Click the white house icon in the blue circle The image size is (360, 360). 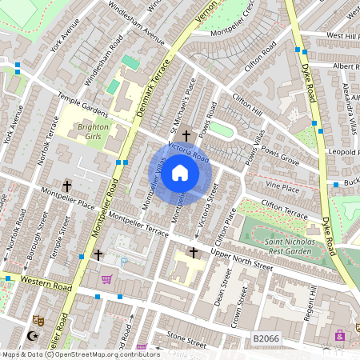click(x=180, y=173)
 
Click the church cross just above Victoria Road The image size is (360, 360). click(x=187, y=136)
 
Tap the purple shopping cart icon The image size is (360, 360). click(x=106, y=279)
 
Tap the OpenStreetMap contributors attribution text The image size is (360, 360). click(x=104, y=354)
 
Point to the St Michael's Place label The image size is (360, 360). click(x=181, y=104)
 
